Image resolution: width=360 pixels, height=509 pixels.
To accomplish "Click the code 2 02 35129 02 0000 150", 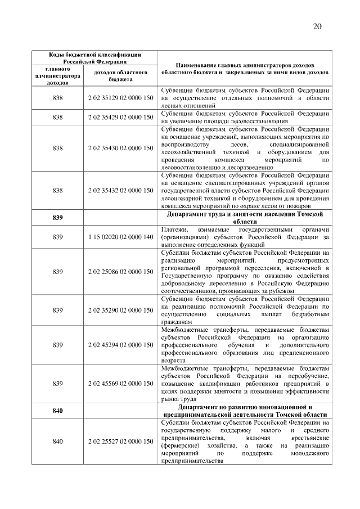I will [x=120, y=98].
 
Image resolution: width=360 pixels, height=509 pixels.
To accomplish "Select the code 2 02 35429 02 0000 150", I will [x=120, y=118].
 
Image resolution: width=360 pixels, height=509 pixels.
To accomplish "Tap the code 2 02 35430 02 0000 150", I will [x=120, y=148].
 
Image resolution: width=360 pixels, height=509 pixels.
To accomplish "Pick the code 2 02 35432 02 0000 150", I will [x=120, y=191].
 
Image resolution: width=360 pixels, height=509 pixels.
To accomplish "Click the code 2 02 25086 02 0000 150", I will [x=120, y=272].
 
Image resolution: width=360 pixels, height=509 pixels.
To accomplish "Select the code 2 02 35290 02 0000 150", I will [x=120, y=310].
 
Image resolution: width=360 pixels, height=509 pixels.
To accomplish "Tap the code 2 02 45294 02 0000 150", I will [x=120, y=344].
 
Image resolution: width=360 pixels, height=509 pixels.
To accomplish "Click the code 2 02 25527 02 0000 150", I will [x=120, y=442].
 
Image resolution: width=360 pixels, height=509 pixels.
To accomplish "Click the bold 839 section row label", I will [x=57, y=218].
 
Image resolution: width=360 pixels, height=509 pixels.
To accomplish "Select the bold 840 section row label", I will [x=57, y=411].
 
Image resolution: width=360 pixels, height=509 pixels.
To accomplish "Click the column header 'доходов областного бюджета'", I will [x=120, y=76].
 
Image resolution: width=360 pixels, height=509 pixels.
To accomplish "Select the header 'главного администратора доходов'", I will [x=57, y=76].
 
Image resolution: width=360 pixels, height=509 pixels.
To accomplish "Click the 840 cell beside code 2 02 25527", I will [x=57, y=442].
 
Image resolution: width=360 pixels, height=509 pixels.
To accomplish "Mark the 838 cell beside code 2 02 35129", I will [x=57, y=98].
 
